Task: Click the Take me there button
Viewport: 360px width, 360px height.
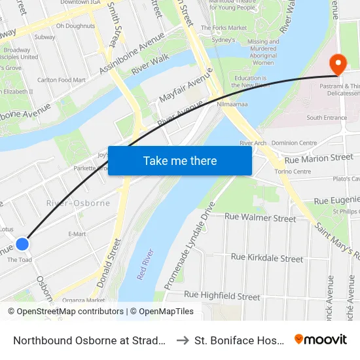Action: click(180, 161)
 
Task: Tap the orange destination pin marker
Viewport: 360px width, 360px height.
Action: click(338, 65)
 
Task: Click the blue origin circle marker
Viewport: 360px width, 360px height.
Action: click(22, 244)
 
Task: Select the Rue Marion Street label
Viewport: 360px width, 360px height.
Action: click(319, 158)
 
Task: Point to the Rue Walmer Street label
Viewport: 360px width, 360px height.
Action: click(260, 218)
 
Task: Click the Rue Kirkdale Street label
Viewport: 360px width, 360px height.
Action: click(267, 258)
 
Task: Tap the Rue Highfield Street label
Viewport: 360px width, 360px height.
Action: click(222, 296)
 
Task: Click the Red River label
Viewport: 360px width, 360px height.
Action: click(145, 264)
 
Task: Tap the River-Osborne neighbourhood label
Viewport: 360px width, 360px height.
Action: click(78, 203)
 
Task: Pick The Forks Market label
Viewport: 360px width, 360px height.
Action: click(224, 28)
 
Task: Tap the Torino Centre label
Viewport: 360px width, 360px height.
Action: click(293, 171)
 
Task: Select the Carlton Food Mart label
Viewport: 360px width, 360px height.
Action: click(62, 80)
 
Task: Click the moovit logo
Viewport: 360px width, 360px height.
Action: click(320, 339)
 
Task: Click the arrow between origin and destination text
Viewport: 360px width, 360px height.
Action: click(183, 340)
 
